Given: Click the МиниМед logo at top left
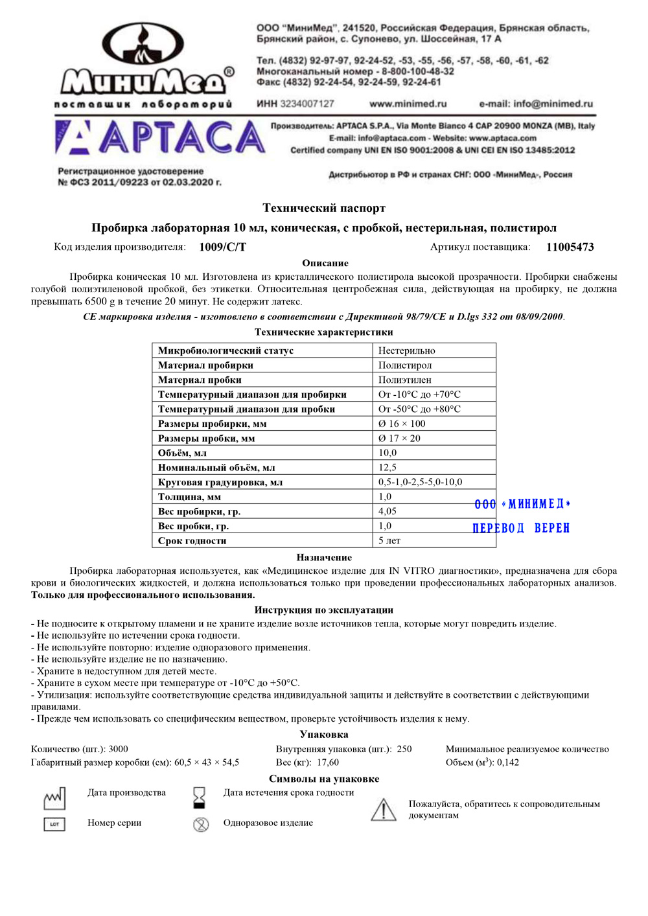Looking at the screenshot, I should (x=144, y=65).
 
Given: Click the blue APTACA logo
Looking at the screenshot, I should (x=160, y=138).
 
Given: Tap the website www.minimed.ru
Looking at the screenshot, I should (x=408, y=104).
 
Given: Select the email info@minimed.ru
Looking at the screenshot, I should (x=536, y=104).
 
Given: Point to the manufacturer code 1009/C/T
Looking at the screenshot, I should (x=222, y=247).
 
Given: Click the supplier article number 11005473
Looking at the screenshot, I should (x=570, y=247).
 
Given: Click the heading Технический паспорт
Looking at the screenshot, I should (x=324, y=208).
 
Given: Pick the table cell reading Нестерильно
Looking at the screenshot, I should (x=407, y=350).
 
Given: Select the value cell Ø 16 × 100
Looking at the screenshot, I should (x=402, y=424).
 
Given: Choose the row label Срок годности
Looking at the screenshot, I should (x=192, y=541).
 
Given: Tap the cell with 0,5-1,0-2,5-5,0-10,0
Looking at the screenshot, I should (x=421, y=482).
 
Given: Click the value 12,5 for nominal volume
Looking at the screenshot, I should (x=388, y=468).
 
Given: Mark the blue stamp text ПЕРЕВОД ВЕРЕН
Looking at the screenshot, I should (x=521, y=528).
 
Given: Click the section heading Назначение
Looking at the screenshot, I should (x=324, y=557).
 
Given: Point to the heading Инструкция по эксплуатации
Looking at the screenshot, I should (x=324, y=610).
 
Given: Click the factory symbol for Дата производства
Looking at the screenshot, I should (x=54, y=798).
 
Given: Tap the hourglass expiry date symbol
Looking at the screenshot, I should (x=200, y=797).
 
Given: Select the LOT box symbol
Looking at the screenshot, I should (x=54, y=824).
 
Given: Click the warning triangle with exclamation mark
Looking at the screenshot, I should (x=384, y=810).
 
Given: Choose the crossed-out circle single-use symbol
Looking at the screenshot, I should (x=201, y=824).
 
